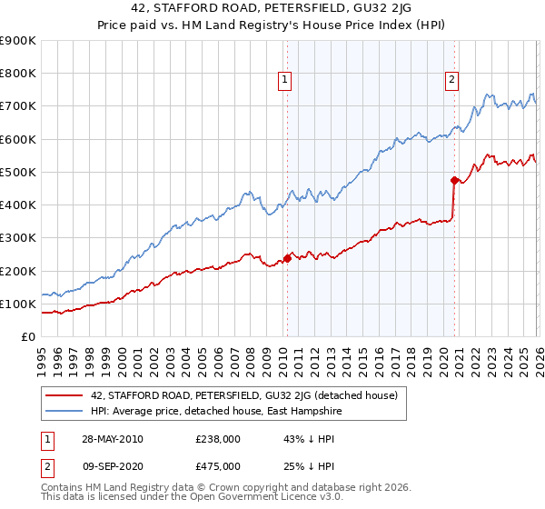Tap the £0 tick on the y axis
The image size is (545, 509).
point(27,337)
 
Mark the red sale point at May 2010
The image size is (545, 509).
point(287,258)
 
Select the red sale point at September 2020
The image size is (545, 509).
point(454,180)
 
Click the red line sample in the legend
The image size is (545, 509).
point(64,395)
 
